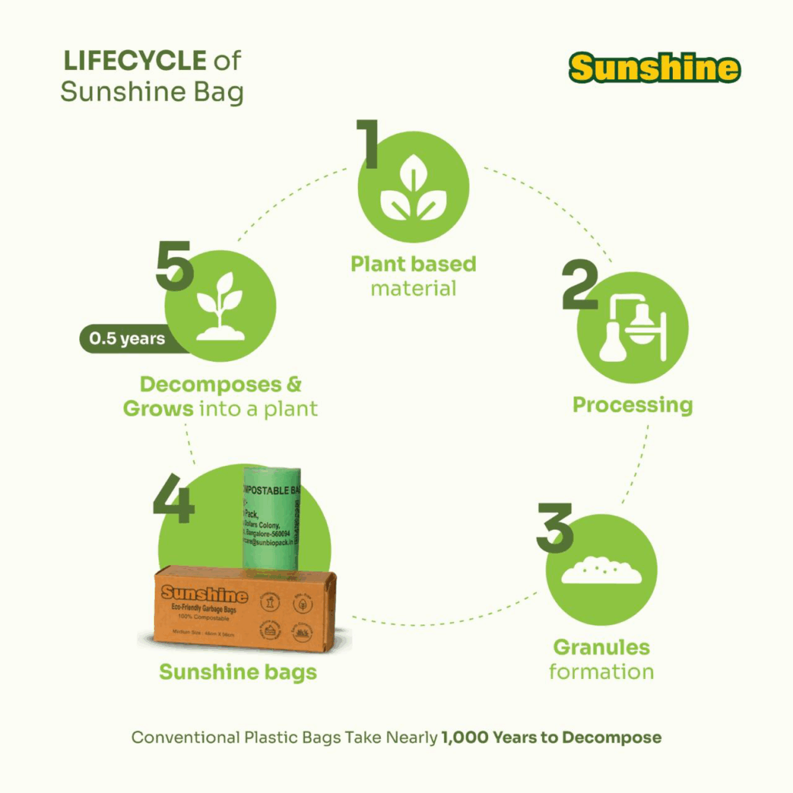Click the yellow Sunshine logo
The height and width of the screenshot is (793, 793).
(x=654, y=68)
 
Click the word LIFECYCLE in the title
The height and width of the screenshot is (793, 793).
(x=134, y=60)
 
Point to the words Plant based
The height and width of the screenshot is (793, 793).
(x=413, y=264)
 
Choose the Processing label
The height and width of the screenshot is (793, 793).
(x=632, y=405)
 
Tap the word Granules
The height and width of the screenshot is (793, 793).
(x=601, y=647)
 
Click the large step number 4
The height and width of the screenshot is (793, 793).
(x=174, y=500)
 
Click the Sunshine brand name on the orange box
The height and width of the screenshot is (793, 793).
(x=204, y=594)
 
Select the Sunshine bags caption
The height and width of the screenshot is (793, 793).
(x=238, y=672)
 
